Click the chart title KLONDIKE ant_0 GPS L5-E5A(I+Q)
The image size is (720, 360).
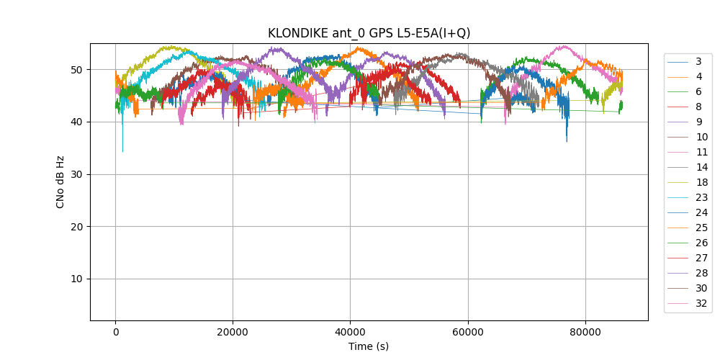pos(369,33)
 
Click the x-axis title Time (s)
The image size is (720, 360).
pos(369,346)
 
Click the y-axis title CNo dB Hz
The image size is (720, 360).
pos(60,182)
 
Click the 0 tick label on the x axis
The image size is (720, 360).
pos(115,332)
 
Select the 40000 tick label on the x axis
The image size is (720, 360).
pos(350,332)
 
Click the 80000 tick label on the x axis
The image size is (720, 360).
pos(585,332)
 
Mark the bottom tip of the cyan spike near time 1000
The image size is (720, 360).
pos(122,152)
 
